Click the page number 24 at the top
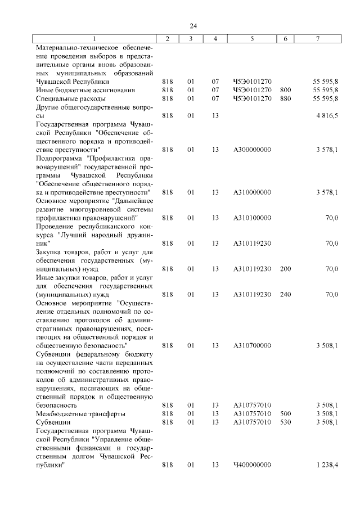point(193,26)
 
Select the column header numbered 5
point(252,38)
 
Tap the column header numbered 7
point(318,38)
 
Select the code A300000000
point(252,150)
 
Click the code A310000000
point(252,192)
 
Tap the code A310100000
point(252,218)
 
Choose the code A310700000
point(252,345)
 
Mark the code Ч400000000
point(252,465)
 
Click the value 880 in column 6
point(285,98)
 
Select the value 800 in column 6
point(285,90)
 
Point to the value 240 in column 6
point(285,294)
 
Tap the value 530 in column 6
point(285,422)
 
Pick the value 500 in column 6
point(285,413)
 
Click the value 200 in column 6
point(285,269)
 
